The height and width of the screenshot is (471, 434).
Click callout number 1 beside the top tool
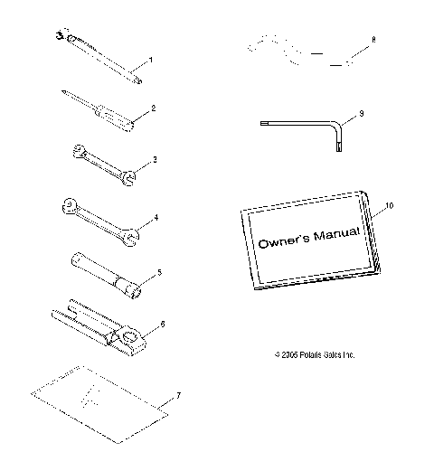(150, 60)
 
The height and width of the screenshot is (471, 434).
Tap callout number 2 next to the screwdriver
(155, 108)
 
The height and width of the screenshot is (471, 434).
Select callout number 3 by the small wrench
(155, 160)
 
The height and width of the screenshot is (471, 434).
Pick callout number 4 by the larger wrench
(156, 218)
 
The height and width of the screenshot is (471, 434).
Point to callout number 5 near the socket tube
(159, 270)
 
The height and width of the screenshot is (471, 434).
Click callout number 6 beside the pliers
(162, 324)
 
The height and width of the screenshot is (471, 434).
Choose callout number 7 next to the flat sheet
(179, 395)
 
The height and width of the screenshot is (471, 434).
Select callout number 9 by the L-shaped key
(361, 114)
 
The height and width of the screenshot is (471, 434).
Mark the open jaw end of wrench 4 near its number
(131, 237)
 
